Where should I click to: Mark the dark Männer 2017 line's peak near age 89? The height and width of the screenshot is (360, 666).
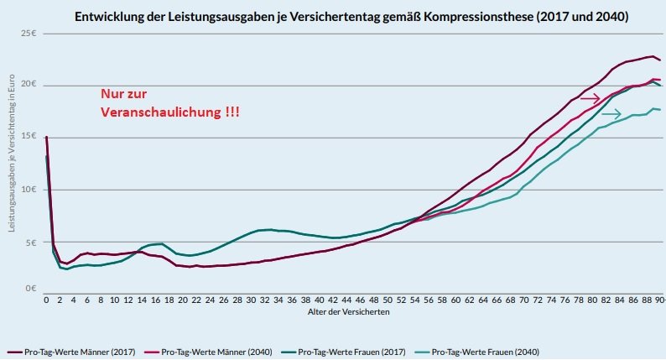click(x=652, y=56)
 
